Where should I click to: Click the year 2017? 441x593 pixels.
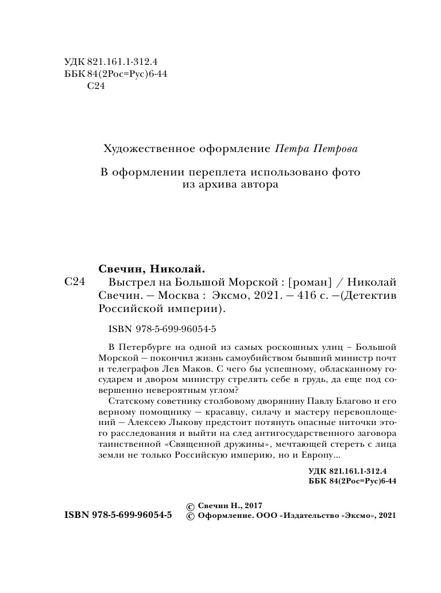[x=252, y=506]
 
